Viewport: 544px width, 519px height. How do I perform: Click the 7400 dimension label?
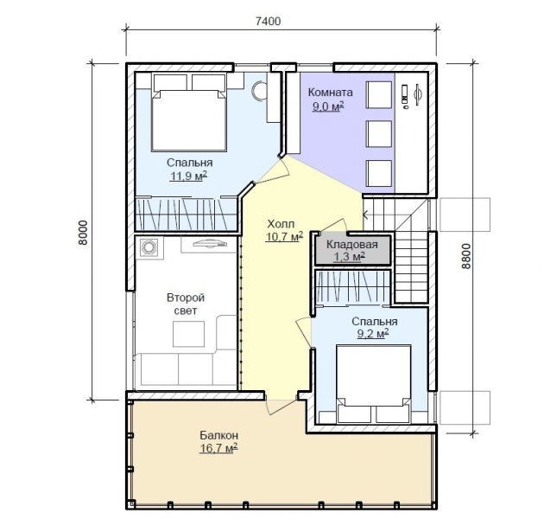[x=268, y=22]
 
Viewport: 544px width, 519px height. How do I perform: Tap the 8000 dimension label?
[x=84, y=233]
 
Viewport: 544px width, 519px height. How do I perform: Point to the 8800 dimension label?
[x=466, y=256]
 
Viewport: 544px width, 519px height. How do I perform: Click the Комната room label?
[x=330, y=93]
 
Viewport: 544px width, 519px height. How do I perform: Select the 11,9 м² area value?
[x=188, y=176]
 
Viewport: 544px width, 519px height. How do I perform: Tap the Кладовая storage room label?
[x=351, y=245]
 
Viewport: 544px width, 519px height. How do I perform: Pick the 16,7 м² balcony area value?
[x=218, y=448]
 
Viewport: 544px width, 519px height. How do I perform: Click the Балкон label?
[x=219, y=435]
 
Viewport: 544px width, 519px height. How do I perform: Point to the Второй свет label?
[x=186, y=304]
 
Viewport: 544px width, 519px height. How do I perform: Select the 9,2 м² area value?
[x=373, y=334]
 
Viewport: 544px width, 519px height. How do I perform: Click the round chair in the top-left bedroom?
[x=259, y=91]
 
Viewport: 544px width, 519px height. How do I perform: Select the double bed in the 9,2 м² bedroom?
[x=373, y=384]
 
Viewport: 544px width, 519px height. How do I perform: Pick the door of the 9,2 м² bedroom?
[x=304, y=333]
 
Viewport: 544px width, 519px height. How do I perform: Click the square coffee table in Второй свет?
[x=189, y=334]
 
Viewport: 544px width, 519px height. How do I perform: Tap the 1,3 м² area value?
[x=349, y=257]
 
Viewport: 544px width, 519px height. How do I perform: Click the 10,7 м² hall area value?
[x=284, y=236]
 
